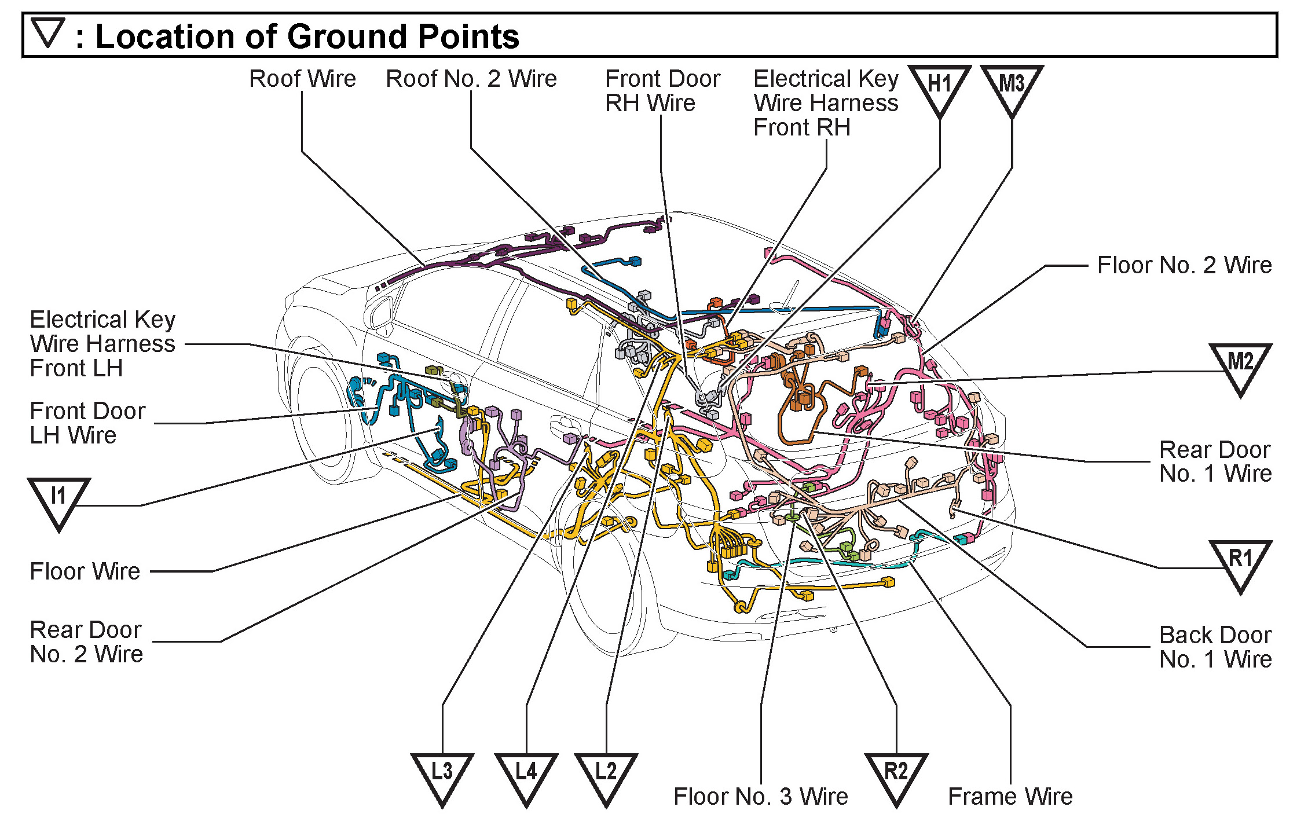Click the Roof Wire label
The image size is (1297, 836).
click(x=302, y=79)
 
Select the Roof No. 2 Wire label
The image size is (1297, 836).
click(x=471, y=79)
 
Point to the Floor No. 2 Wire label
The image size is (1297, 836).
click(x=1184, y=265)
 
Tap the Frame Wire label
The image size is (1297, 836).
click(x=1010, y=797)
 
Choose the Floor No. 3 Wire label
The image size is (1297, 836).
click(x=760, y=797)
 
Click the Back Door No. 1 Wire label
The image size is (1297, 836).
click(x=1215, y=647)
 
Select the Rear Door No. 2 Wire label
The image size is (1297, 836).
click(x=86, y=642)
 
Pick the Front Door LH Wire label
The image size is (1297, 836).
click(x=87, y=423)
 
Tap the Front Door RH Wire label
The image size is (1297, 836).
click(x=662, y=91)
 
